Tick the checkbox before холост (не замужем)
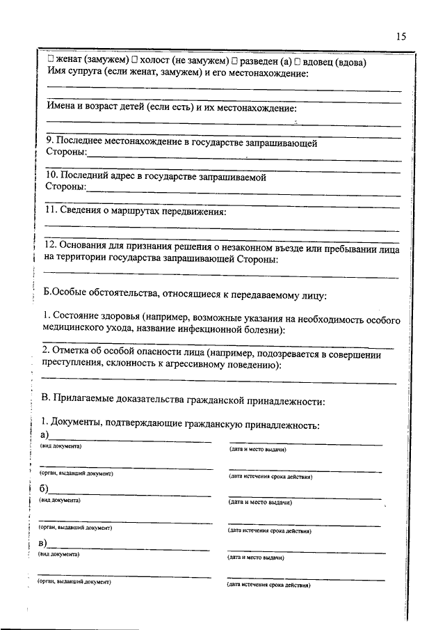[134, 61]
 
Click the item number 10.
[51, 178]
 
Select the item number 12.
[51, 246]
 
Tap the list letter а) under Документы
[45, 435]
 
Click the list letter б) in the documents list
[44, 489]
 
